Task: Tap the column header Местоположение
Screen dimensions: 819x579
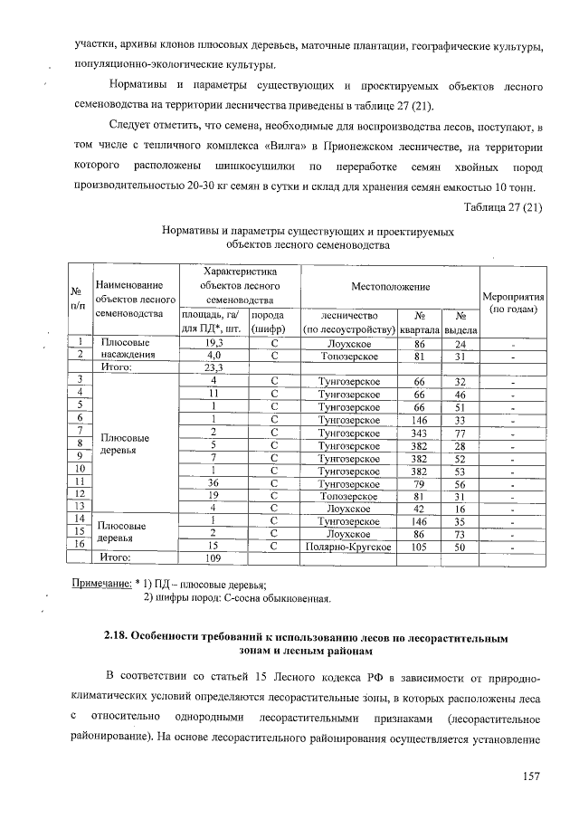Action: coord(390,286)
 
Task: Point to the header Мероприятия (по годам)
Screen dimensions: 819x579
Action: coord(513,302)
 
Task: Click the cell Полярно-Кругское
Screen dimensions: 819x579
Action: coord(348,548)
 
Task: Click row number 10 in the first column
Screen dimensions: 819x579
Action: coord(81,471)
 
